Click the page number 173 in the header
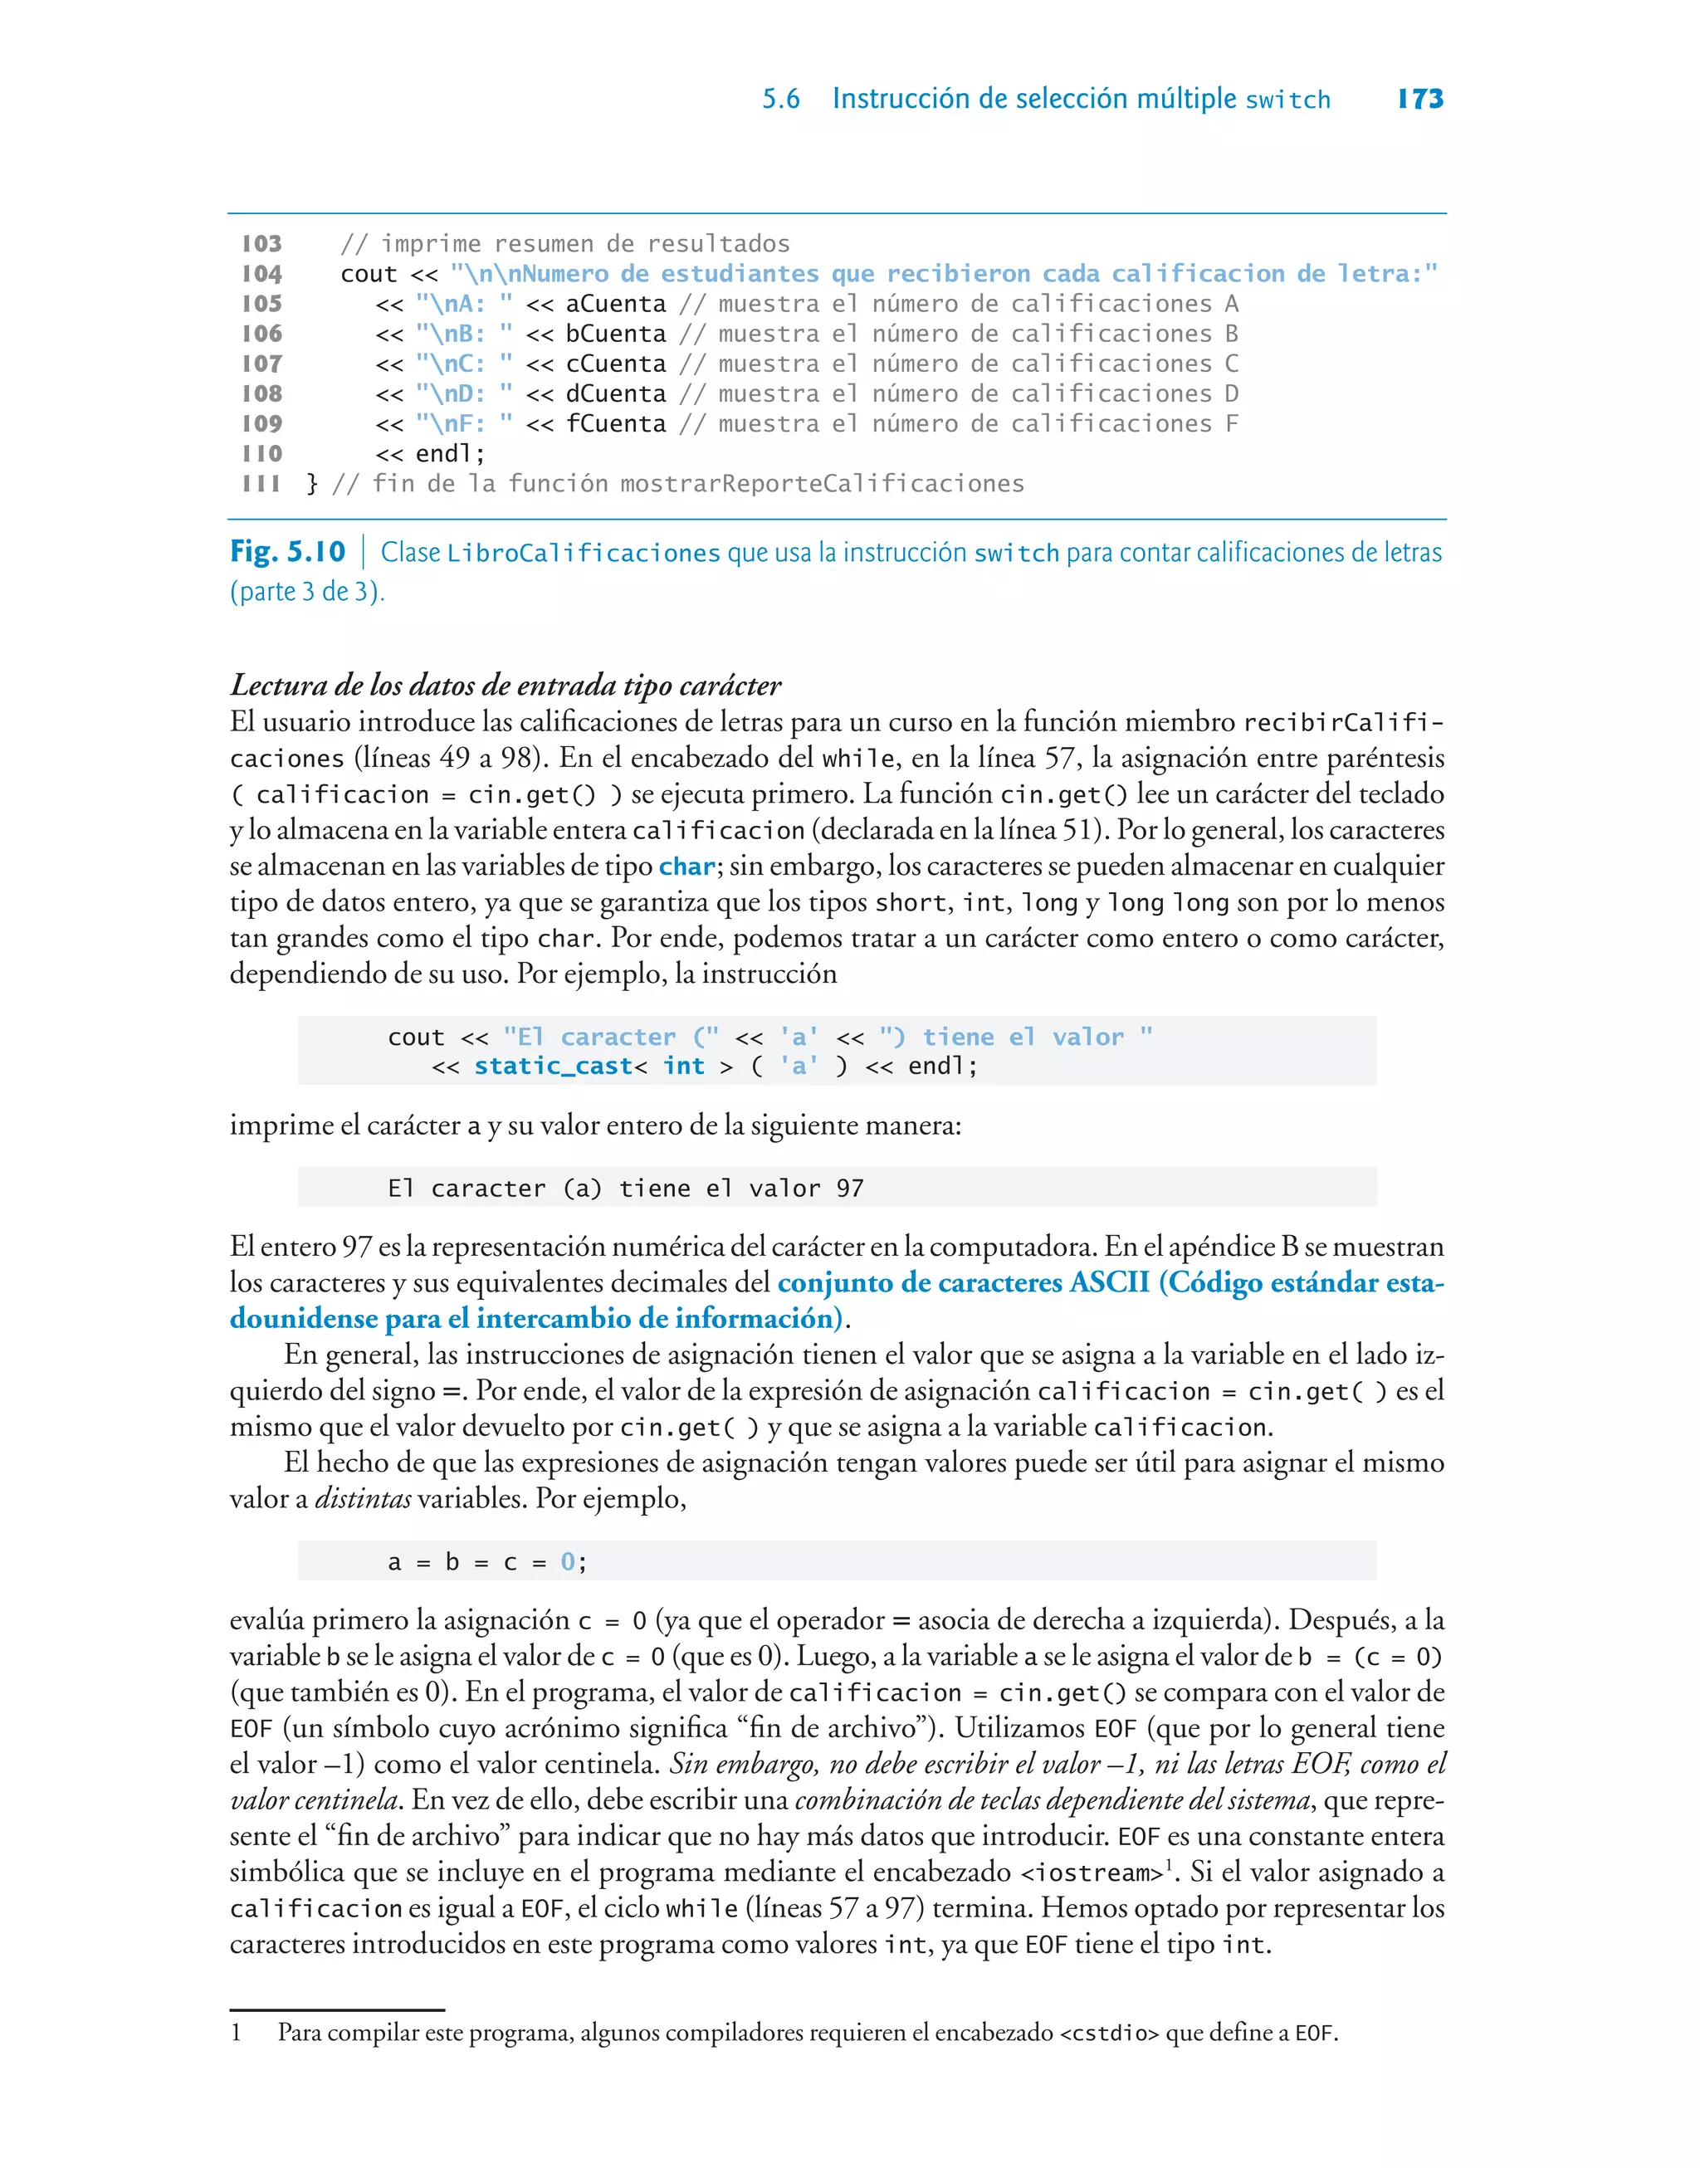[x=1420, y=99]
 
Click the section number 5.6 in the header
[x=780, y=100]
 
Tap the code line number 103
[x=261, y=244]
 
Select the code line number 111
[x=261, y=484]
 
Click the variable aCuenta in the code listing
[x=615, y=304]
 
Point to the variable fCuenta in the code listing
[x=615, y=424]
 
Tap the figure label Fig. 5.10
[x=288, y=551]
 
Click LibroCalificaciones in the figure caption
[x=584, y=553]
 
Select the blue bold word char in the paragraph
[x=686, y=867]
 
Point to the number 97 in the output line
[x=850, y=1188]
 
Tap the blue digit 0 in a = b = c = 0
[x=567, y=1562]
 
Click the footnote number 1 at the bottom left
[x=236, y=2033]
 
